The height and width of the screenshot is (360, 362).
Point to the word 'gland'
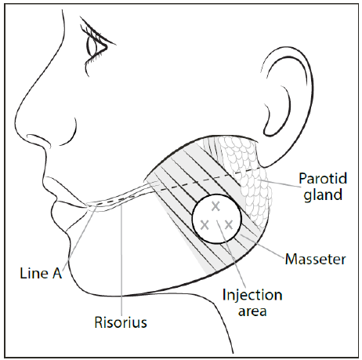321,194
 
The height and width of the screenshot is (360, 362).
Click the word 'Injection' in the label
252,295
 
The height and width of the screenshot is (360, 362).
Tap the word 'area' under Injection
252,311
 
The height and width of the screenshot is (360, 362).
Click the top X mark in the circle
216,205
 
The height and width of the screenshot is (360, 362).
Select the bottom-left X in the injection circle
205,224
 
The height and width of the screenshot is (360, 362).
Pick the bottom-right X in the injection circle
228,224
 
